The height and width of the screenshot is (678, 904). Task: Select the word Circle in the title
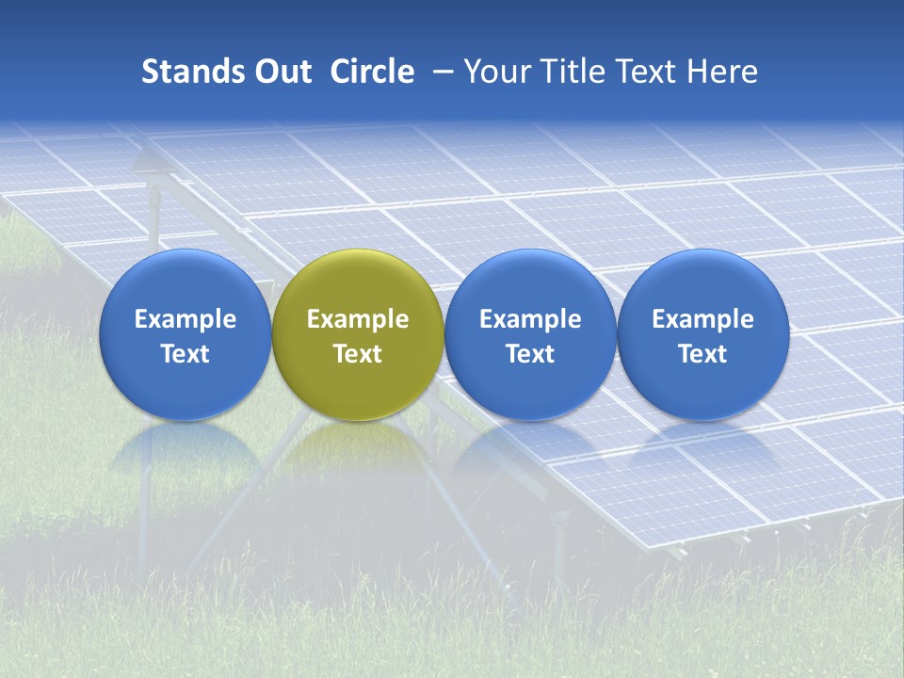[372, 72]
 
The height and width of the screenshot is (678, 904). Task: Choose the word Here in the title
[721, 72]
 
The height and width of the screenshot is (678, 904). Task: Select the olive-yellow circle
[358, 334]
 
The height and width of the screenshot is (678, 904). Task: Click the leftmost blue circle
[186, 334]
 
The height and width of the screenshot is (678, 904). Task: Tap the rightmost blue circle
[702, 334]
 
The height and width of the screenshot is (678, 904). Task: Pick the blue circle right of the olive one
[530, 334]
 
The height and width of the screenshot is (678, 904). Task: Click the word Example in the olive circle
[358, 319]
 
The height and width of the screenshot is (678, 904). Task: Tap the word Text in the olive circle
[358, 354]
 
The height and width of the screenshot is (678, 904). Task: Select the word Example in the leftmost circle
[186, 319]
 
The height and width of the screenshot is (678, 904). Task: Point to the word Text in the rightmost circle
[702, 354]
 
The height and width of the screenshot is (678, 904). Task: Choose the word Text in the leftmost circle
[186, 354]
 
